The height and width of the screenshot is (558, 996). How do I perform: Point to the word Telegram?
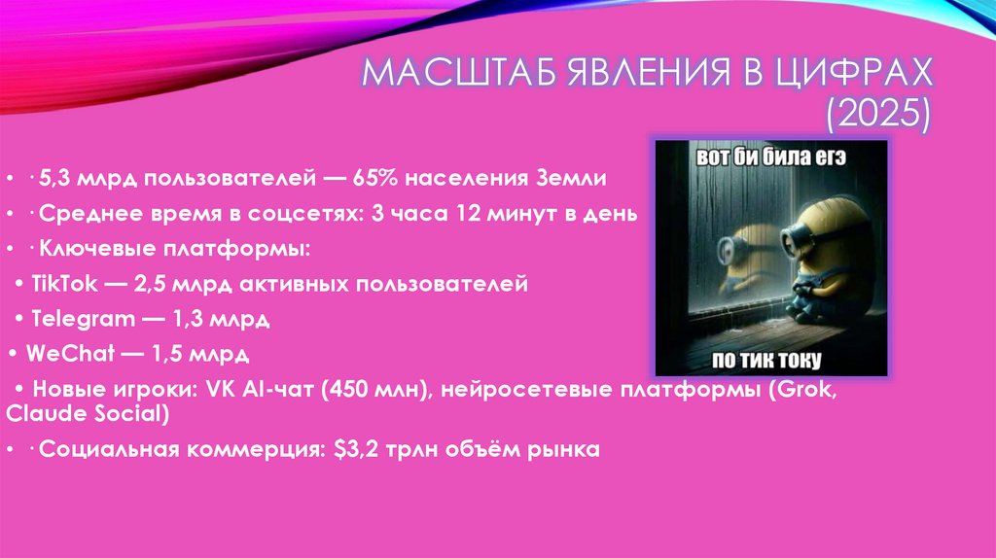(x=76, y=318)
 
